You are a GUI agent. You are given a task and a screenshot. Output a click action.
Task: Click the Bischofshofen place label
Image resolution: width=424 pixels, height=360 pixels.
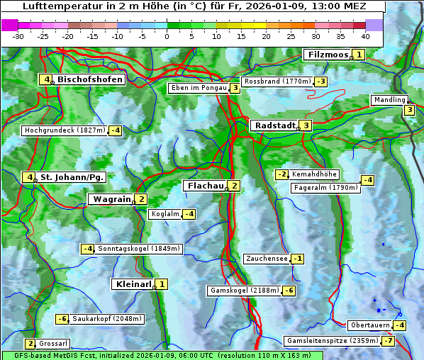pyautogui.click(x=90, y=80)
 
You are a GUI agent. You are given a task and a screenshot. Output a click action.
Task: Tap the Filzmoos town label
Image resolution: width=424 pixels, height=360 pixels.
pyautogui.click(x=328, y=55)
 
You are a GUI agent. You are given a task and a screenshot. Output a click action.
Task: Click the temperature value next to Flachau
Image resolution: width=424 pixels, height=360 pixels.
pyautogui.click(x=235, y=186)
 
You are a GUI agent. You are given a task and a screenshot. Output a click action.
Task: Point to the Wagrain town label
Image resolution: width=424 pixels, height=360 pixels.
pyautogui.click(x=111, y=200)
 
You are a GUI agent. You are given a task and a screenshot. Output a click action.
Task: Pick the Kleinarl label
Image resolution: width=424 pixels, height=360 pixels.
pyautogui.click(x=133, y=284)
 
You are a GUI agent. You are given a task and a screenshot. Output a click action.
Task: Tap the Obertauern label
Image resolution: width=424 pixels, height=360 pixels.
pyautogui.click(x=370, y=325)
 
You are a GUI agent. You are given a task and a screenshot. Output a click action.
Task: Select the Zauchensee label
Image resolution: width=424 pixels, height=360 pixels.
pyautogui.click(x=267, y=259)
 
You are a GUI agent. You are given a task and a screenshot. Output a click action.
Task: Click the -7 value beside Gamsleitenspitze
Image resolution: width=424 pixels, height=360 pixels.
pyautogui.click(x=388, y=341)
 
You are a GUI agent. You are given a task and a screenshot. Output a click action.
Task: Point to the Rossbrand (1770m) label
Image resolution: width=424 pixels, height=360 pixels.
pyautogui.click(x=277, y=81)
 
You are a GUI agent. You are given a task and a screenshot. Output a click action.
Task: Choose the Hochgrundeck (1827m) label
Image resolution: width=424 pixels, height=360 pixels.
pyautogui.click(x=65, y=130)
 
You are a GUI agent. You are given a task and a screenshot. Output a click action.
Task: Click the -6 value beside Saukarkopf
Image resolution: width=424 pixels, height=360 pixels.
pyautogui.click(x=62, y=319)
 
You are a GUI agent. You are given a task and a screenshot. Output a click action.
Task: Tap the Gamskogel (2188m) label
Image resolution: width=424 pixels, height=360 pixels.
pyautogui.click(x=244, y=291)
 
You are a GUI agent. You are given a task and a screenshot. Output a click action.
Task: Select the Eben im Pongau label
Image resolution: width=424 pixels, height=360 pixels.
pyautogui.click(x=198, y=88)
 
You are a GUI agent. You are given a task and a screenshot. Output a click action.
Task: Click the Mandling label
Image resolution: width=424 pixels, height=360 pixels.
pyautogui.click(x=389, y=100)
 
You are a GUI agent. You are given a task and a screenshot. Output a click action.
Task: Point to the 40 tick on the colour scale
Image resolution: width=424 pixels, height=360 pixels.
pyautogui.click(x=365, y=36)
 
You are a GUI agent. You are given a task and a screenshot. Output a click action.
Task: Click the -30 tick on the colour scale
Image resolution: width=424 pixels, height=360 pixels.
pyautogui.click(x=18, y=36)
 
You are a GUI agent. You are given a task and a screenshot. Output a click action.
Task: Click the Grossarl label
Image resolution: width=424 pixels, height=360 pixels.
pyautogui.click(x=53, y=343)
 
